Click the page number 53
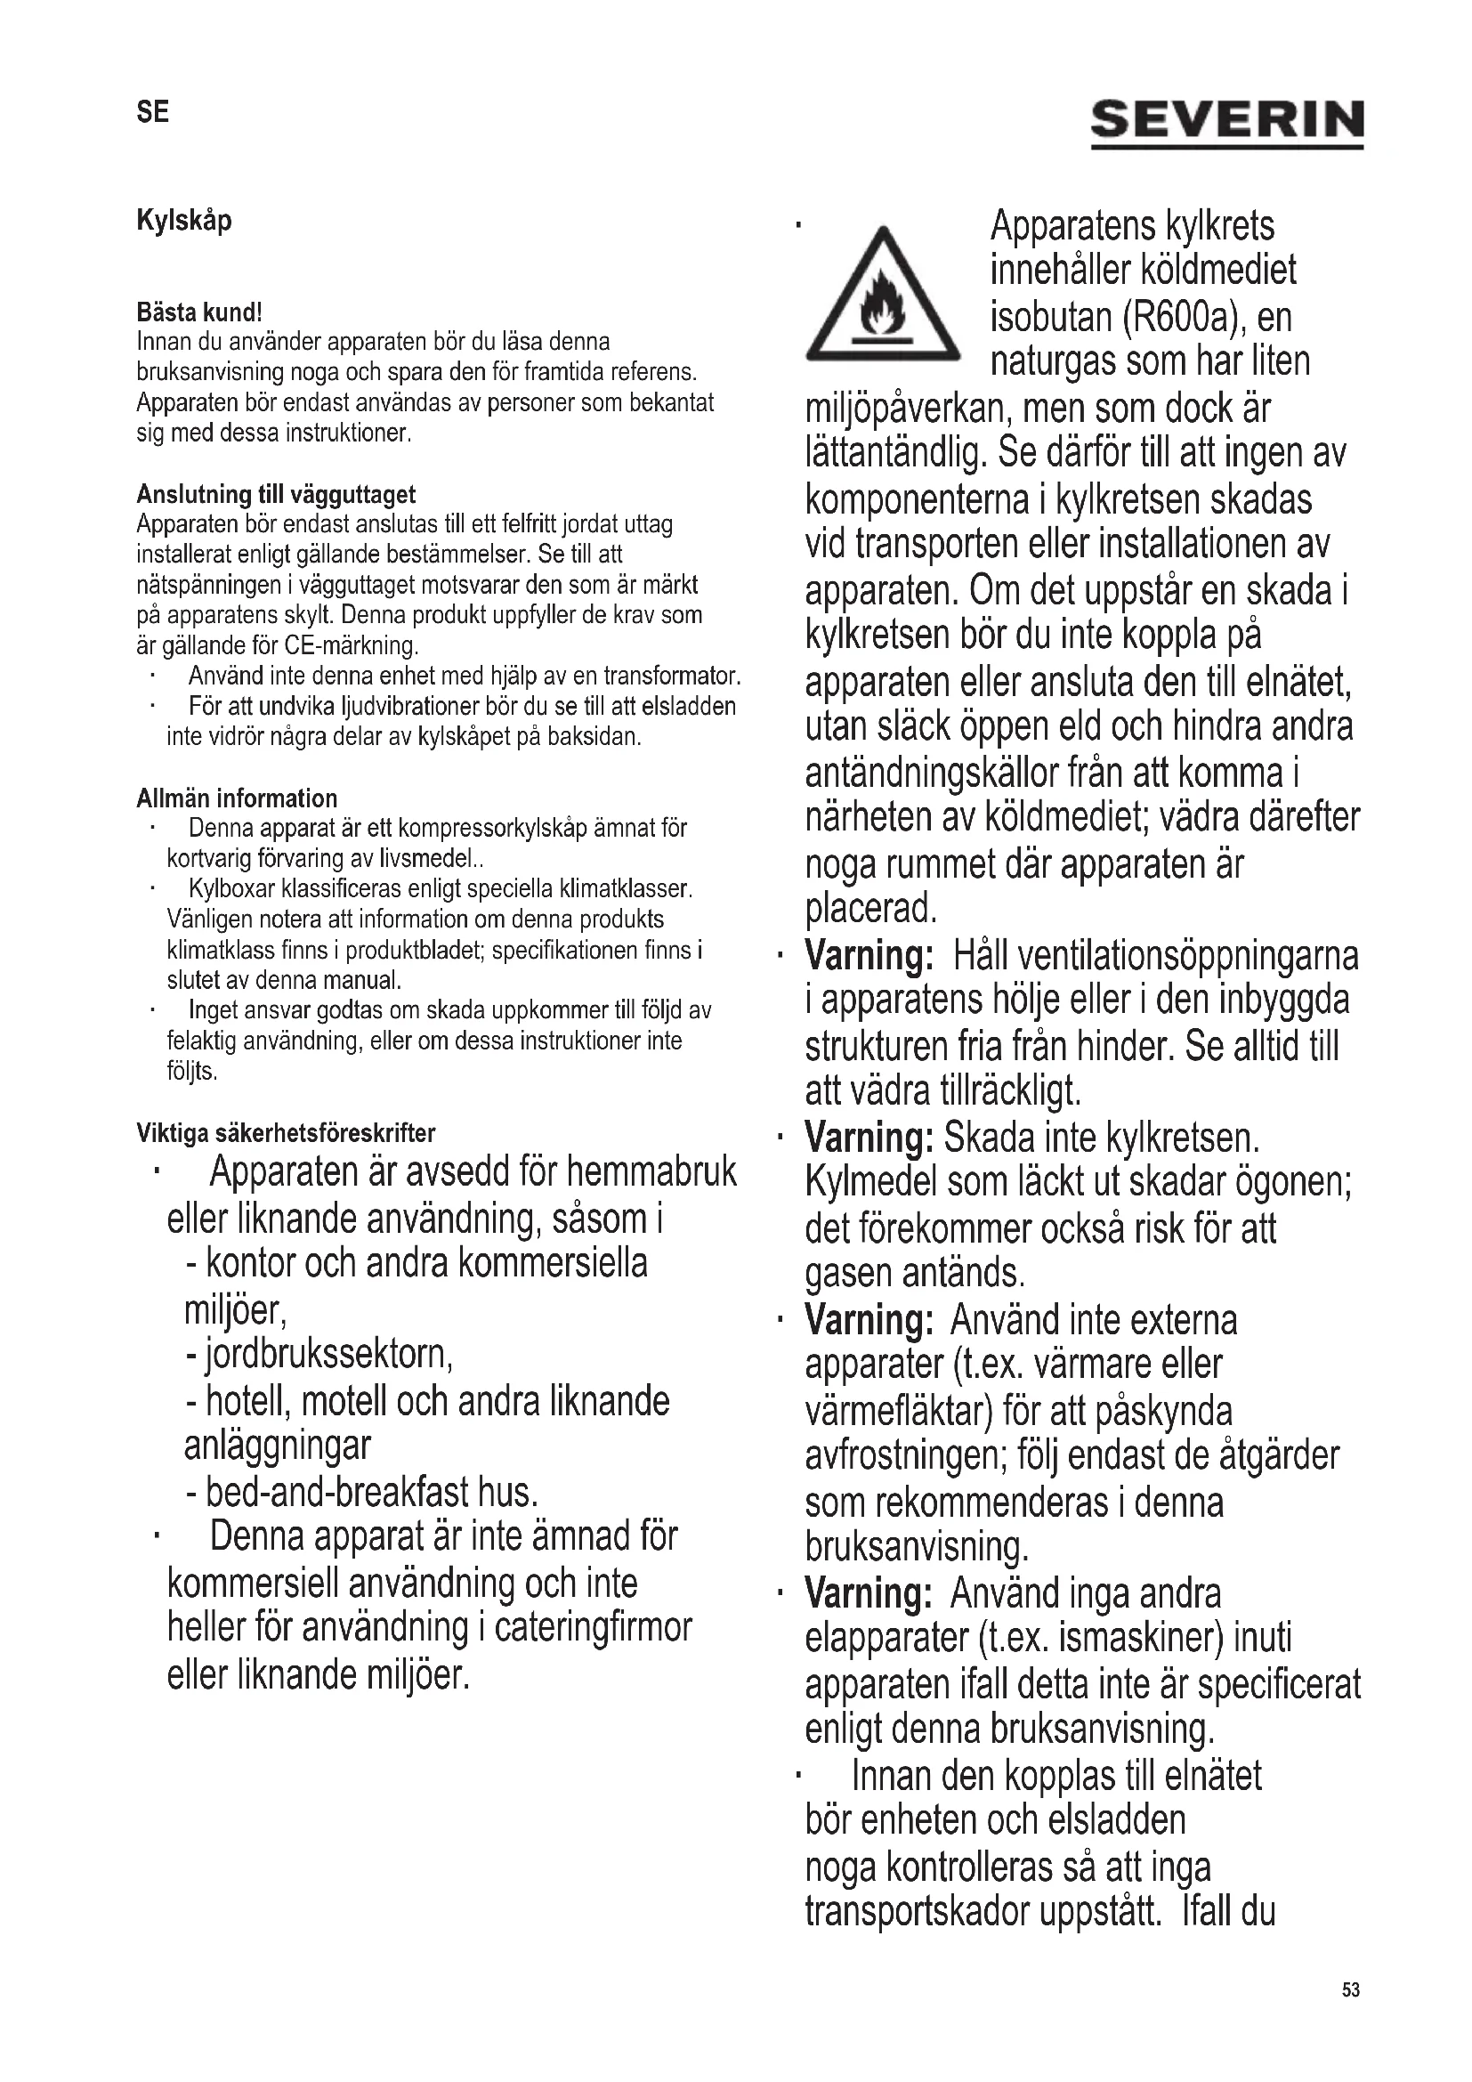coord(1351,1990)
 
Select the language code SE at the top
coord(152,112)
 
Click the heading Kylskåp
coord(184,221)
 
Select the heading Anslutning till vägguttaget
coord(276,494)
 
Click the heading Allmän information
coord(237,798)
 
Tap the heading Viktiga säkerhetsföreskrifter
coord(286,1132)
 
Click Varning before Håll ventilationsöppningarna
coord(869,955)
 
